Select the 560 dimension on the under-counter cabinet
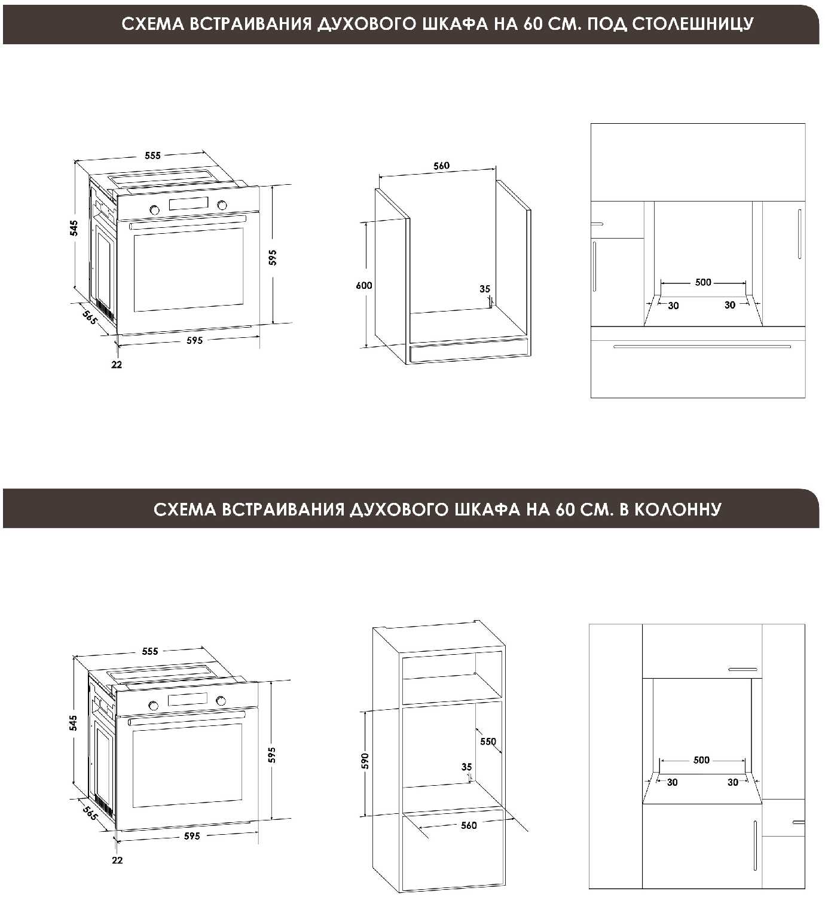tap(441, 166)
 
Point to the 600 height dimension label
tap(364, 285)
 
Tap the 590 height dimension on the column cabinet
tap(365, 761)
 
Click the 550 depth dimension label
tap(488, 742)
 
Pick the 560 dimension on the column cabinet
tap(469, 825)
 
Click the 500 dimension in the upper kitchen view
tap(703, 282)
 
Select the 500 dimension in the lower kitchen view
tap(701, 760)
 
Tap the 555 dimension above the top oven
tap(153, 155)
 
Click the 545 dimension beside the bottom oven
tap(74, 722)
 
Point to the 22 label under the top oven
tap(117, 364)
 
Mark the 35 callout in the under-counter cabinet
tap(485, 289)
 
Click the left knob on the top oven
tap(154, 209)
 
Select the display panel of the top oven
tap(188, 204)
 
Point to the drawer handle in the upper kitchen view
tap(702, 346)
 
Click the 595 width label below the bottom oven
tap(192, 836)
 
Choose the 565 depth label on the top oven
tap(89, 318)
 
